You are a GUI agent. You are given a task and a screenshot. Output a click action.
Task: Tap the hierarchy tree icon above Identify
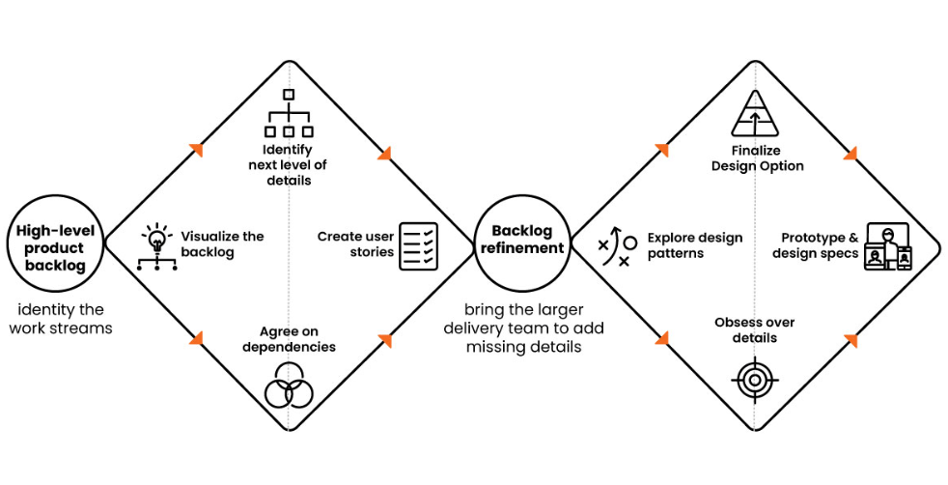(x=289, y=113)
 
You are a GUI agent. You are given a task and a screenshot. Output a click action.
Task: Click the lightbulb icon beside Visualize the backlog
(x=157, y=246)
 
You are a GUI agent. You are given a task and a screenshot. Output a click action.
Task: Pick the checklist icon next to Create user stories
(x=418, y=246)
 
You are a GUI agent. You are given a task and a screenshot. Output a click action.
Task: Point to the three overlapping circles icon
(x=289, y=385)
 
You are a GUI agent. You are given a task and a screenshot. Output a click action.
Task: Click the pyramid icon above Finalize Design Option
(x=755, y=113)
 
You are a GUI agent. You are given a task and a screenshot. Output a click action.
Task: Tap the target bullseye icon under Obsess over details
(x=755, y=381)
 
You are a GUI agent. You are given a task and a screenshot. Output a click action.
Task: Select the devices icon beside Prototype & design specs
(x=888, y=246)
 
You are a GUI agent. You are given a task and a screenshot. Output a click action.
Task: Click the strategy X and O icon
(x=618, y=246)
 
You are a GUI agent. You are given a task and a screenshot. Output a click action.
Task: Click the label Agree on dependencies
(x=289, y=339)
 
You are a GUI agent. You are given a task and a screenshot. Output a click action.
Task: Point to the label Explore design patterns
(x=695, y=245)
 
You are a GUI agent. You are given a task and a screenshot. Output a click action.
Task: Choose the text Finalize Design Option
(x=757, y=158)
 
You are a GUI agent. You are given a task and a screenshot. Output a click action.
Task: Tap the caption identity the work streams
(x=61, y=319)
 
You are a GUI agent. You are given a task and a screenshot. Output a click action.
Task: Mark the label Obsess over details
(x=755, y=330)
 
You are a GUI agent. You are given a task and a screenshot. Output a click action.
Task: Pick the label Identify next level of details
(x=289, y=165)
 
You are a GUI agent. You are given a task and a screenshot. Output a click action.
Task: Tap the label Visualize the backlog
(x=222, y=244)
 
